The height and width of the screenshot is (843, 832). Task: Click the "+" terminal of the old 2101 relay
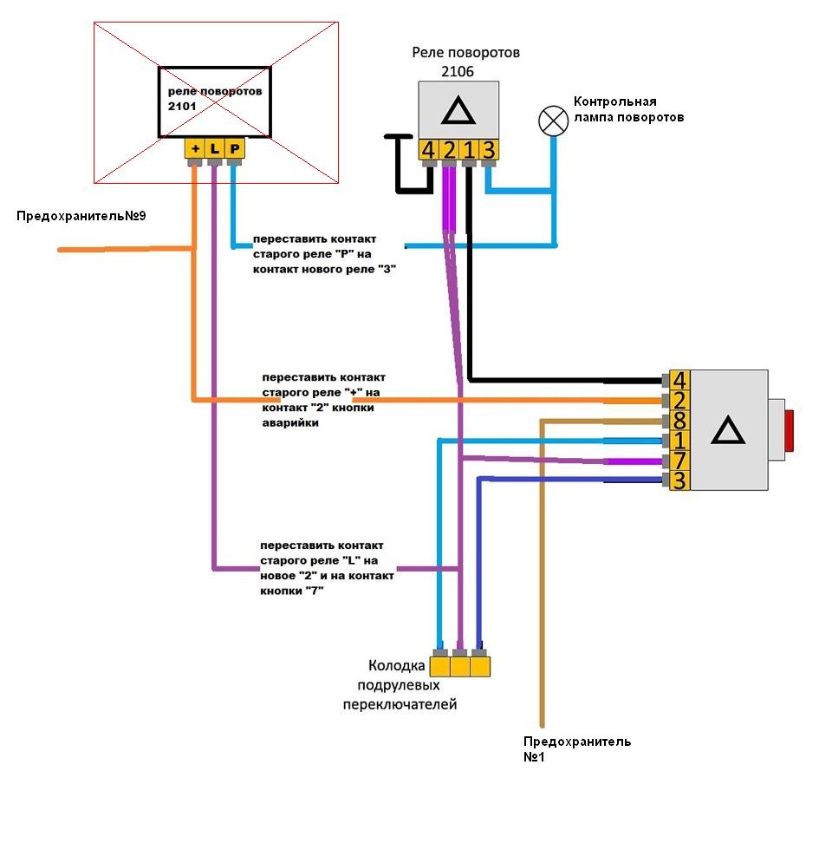(195, 148)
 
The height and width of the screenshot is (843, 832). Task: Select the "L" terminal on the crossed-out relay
(214, 148)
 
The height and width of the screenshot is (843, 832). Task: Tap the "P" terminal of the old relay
(234, 148)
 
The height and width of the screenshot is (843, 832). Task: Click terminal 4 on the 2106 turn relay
(428, 150)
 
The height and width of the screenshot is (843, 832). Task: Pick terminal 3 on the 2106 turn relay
(489, 150)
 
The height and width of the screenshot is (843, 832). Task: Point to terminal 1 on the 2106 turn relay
(469, 150)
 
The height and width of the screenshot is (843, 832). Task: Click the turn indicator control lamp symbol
(553, 121)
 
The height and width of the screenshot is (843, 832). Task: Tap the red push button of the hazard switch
(789, 430)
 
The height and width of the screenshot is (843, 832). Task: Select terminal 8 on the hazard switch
(679, 421)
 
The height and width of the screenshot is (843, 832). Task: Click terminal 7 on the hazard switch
(679, 461)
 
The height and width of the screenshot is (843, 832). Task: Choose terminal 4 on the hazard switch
(679, 381)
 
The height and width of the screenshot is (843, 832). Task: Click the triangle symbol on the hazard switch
(728, 430)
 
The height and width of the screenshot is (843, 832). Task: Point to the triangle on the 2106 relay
(458, 111)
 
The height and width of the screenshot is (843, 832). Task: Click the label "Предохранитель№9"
(81, 216)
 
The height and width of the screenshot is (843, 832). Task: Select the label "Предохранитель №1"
(577, 749)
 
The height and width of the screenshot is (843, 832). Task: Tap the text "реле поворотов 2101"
(215, 98)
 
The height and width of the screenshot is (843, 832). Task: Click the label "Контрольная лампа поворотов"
(628, 109)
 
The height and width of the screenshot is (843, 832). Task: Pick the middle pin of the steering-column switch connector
(460, 667)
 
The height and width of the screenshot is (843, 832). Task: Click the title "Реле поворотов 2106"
(465, 62)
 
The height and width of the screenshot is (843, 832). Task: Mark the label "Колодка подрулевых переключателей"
(400, 685)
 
